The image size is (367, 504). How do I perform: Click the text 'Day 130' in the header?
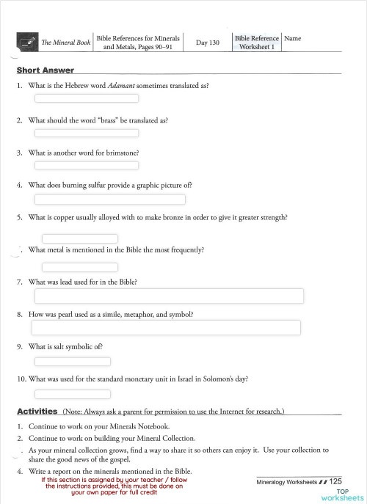pos(208,43)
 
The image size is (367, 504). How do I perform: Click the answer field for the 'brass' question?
pos(87,133)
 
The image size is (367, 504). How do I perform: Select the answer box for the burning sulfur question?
pos(110,199)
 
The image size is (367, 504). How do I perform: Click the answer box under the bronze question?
pos(80,238)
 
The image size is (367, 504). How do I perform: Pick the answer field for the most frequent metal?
pos(80,267)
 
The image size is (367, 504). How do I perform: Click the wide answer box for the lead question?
pos(170,296)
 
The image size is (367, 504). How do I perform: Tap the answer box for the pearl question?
pos(166,327)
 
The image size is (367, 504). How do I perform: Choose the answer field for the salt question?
pos(73,361)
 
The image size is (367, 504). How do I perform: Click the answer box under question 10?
pos(73,394)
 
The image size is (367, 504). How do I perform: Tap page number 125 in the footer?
pos(336,481)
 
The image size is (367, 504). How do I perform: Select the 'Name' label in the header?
pos(292,38)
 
